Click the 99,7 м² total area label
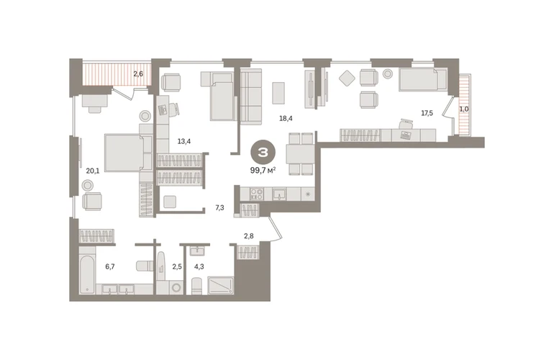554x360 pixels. pyautogui.click(x=263, y=171)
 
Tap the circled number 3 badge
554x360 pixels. pyautogui.click(x=263, y=153)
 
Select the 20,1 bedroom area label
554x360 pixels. pyautogui.click(x=93, y=171)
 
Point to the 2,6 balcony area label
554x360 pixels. pyautogui.click(x=138, y=74)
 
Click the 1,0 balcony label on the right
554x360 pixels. pyautogui.click(x=464, y=109)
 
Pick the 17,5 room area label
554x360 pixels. pyautogui.click(x=427, y=113)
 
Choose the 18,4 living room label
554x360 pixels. pyautogui.click(x=286, y=119)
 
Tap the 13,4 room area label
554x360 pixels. pyautogui.click(x=184, y=141)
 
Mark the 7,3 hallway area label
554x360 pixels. pyautogui.click(x=219, y=208)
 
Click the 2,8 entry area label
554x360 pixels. pyautogui.click(x=249, y=236)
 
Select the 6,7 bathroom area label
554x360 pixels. pyautogui.click(x=110, y=266)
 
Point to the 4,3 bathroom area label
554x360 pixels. pyautogui.click(x=199, y=266)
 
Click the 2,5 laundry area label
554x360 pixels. pyautogui.click(x=177, y=266)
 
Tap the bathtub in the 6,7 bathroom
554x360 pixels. pyautogui.click(x=87, y=271)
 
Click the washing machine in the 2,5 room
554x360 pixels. pyautogui.click(x=176, y=287)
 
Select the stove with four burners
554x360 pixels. pyautogui.click(x=257, y=194)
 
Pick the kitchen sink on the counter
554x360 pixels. pyautogui.click(x=279, y=194)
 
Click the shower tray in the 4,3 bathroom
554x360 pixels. pyautogui.click(x=221, y=285)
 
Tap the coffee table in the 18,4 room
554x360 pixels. pyautogui.click(x=278, y=93)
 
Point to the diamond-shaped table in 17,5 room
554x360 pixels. pyautogui.click(x=347, y=78)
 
